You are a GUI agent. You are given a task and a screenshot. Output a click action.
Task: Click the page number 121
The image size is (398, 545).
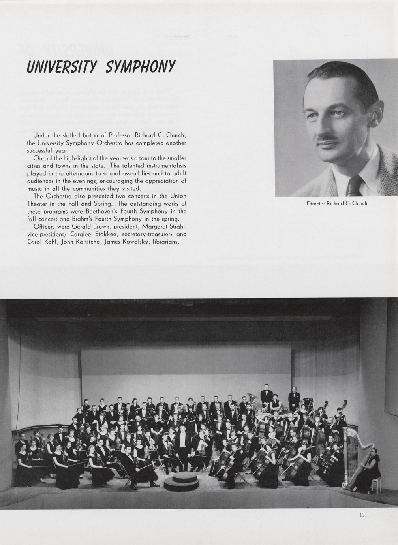click(364, 515)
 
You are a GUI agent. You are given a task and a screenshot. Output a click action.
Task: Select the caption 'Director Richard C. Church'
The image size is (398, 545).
click(337, 203)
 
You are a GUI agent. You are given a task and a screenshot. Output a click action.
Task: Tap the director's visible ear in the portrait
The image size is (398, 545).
click(374, 115)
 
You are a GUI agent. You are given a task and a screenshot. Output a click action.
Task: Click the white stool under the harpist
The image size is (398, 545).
click(376, 484)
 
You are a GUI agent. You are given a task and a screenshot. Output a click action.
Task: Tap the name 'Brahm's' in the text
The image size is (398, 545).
click(83, 219)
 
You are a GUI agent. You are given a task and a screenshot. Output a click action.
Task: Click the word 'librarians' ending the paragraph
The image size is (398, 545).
click(166, 242)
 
